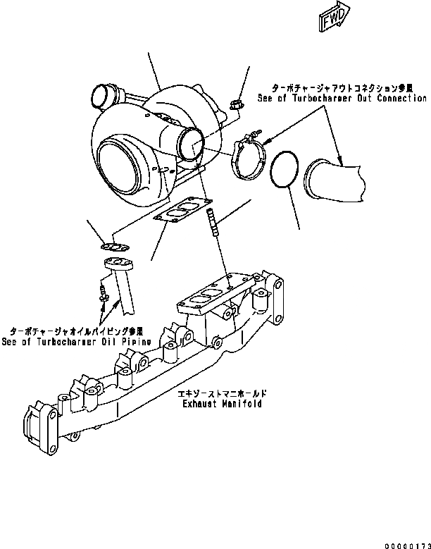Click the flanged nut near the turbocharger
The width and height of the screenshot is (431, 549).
[237, 106]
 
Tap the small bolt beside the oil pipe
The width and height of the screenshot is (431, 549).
[104, 295]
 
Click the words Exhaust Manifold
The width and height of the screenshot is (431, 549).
[222, 405]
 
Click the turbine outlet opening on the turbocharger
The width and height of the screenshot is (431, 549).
[192, 144]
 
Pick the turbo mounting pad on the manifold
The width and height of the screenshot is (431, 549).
[200, 294]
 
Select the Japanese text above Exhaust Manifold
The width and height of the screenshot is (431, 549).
[222, 395]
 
